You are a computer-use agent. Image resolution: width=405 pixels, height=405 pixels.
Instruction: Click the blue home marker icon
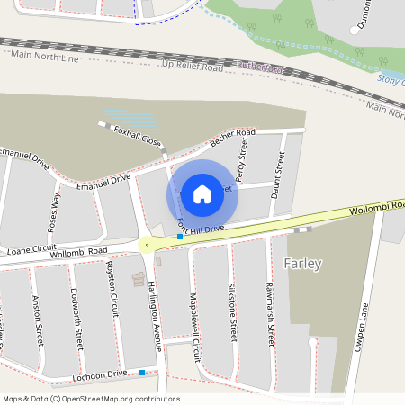click(202, 193)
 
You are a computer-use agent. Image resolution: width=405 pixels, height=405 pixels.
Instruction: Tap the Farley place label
click(303, 264)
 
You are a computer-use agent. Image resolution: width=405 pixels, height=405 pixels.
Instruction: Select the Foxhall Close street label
click(138, 137)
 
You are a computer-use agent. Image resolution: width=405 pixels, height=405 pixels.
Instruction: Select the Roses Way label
click(53, 211)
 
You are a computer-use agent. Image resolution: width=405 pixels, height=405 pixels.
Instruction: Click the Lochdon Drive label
click(100, 373)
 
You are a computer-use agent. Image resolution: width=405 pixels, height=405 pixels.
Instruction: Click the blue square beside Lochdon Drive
click(142, 372)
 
